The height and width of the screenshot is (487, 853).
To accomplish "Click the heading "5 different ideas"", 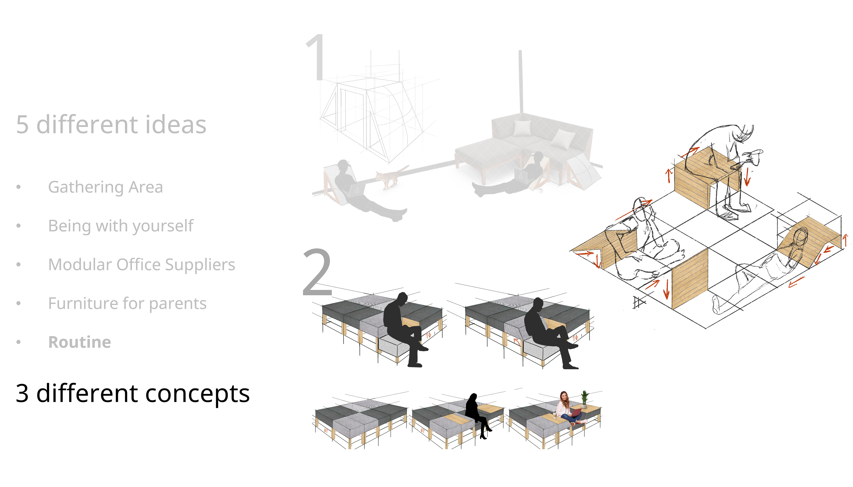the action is click(x=111, y=125).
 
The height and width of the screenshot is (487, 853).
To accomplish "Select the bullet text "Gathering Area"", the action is click(x=106, y=187).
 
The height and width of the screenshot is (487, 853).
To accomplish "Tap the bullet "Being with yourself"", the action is click(x=121, y=226).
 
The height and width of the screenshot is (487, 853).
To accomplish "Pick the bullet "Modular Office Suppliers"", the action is click(x=142, y=265).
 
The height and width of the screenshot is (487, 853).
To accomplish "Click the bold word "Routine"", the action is click(x=80, y=342).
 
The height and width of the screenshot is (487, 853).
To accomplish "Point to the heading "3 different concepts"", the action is click(x=133, y=393).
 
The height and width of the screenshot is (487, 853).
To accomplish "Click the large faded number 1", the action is click(x=316, y=57).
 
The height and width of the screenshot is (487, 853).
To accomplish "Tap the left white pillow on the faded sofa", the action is click(x=521, y=128).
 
